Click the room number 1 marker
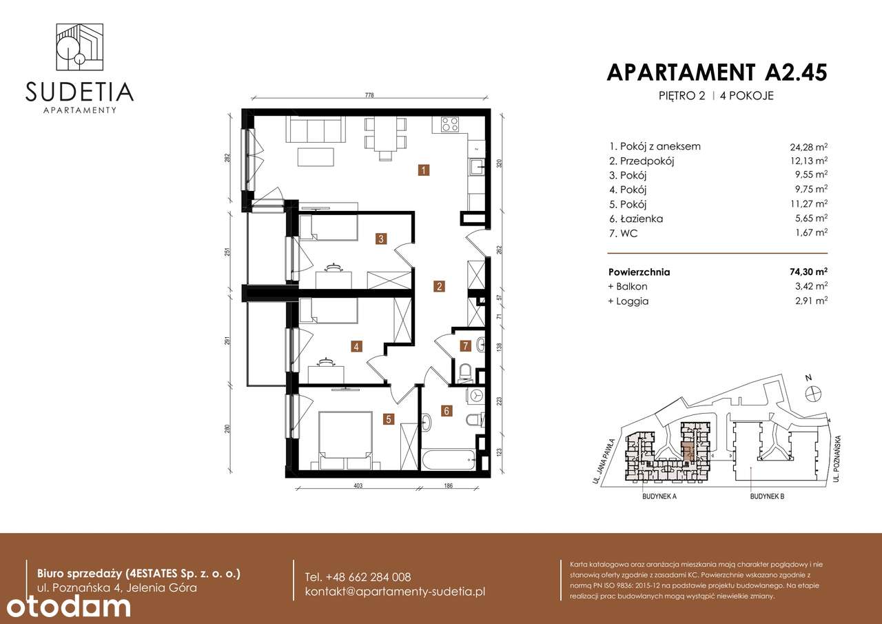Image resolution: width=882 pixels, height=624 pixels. point(425,169)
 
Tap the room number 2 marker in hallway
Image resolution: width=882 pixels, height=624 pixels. point(437,285)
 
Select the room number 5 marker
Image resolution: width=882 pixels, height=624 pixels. point(389,418)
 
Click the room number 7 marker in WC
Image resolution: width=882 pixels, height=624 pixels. point(466,345)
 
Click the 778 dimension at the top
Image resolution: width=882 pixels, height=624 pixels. point(369,97)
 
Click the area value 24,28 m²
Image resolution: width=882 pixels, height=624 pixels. point(808,147)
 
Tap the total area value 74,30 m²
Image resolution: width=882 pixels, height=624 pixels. point(808,272)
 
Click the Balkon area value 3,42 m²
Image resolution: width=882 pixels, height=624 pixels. point(808,286)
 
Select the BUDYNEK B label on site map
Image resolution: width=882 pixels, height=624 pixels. point(769,496)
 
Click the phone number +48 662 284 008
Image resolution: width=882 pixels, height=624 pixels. point(358,577)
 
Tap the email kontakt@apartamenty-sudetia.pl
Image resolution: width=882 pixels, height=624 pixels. point(395,592)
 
